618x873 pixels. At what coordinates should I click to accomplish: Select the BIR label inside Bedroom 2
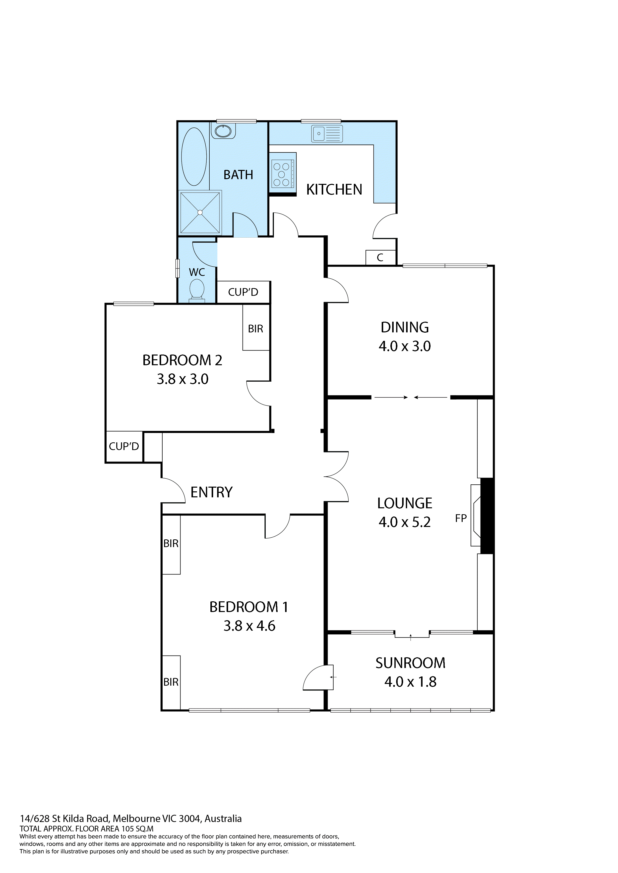255,328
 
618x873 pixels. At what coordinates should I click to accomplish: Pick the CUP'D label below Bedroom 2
124,446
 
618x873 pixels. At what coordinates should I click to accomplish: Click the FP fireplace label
461,518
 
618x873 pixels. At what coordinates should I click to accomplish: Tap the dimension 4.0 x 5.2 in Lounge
405,522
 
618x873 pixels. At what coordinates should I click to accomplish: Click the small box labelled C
380,257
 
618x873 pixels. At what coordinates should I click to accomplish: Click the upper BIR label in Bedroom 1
171,544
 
